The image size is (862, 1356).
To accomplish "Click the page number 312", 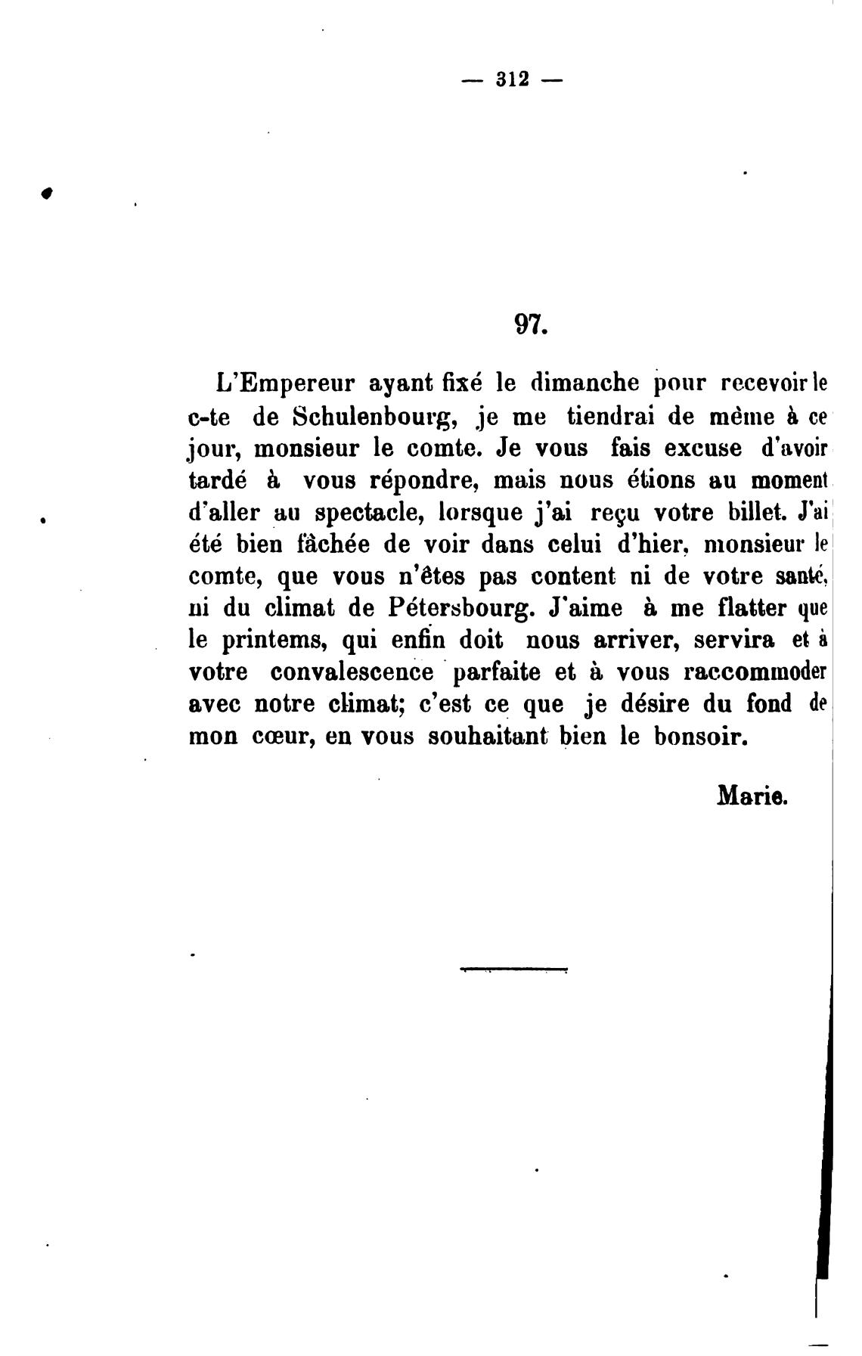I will coord(513,79).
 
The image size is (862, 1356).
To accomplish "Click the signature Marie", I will coord(752,796).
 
